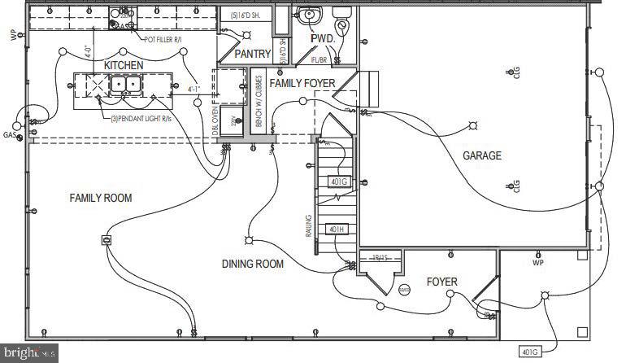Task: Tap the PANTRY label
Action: (252, 54)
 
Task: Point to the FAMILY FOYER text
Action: (302, 83)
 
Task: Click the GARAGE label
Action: (482, 155)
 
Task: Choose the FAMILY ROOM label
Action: (100, 198)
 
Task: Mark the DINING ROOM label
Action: (253, 264)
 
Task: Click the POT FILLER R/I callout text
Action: (174, 39)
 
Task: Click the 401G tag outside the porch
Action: (529, 352)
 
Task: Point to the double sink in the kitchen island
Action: (124, 83)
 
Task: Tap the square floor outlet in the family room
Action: (106, 240)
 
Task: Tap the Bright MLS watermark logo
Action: (29, 353)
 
